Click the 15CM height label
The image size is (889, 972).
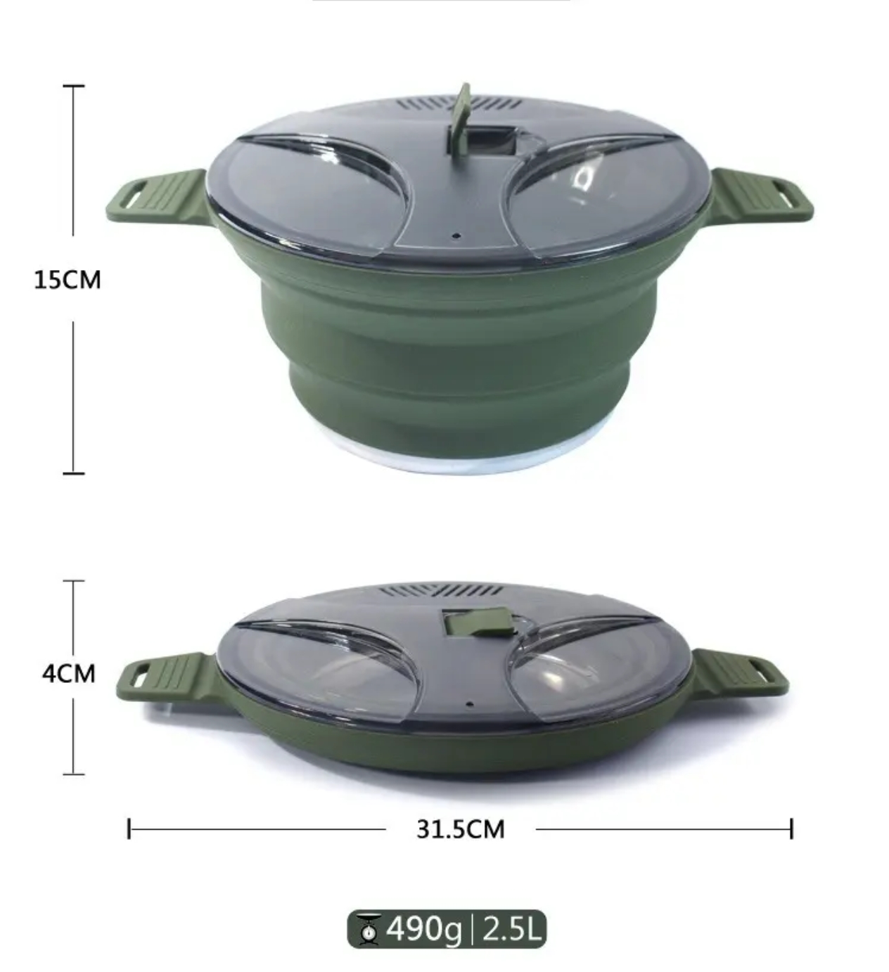pyautogui.click(x=68, y=280)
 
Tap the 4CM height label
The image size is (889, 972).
pyautogui.click(x=68, y=674)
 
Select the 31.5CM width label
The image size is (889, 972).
pyautogui.click(x=460, y=829)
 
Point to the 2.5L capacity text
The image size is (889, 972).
pyautogui.click(x=511, y=930)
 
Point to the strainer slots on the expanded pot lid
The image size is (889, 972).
pyautogui.click(x=461, y=105)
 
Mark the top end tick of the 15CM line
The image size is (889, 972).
pyautogui.click(x=73, y=86)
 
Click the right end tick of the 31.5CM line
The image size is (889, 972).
pyautogui.click(x=791, y=829)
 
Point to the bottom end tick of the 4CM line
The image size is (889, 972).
pyautogui.click(x=73, y=774)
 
